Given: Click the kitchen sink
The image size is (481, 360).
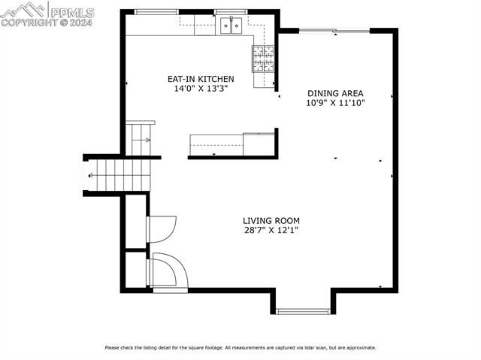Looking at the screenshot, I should point(231,27).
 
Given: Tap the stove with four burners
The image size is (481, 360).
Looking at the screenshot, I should point(263,57).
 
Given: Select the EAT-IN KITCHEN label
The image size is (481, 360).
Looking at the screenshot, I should point(200,79).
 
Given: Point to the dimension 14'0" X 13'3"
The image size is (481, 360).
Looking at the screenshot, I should point(200,89).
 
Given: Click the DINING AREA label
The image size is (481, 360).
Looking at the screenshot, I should point(335,94).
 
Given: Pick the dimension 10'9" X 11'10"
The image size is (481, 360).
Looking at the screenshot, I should point(335,104).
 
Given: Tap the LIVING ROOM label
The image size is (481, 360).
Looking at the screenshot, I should point(271,221).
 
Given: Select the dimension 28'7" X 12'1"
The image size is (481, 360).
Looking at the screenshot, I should point(271,231).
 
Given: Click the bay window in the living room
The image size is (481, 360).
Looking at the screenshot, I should point(301,310).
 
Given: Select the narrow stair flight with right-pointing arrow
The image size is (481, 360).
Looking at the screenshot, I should point(140,139).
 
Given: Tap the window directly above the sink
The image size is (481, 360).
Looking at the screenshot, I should point(231,12).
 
